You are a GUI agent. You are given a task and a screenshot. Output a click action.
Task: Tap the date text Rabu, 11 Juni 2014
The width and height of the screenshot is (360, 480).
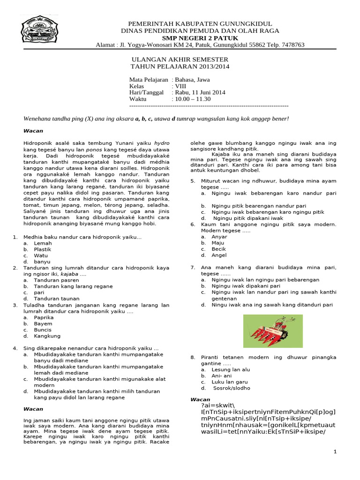[x=200, y=92]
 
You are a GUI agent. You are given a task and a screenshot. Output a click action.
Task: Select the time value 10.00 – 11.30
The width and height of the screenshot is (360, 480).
[x=193, y=99]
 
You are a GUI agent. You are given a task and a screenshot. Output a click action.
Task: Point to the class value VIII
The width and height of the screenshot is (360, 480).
[x=181, y=86]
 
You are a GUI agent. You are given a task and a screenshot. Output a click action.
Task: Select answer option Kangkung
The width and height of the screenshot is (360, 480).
[x=46, y=336]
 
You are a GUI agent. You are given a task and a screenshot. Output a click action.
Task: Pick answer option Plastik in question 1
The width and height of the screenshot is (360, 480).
[x=43, y=249]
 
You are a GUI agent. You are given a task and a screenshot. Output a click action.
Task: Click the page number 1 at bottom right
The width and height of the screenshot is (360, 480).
[x=335, y=451]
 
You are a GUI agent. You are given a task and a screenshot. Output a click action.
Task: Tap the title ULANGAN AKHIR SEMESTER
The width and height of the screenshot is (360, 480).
[x=179, y=60]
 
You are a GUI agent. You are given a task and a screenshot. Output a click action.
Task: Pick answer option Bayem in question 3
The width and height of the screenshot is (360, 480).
[x=43, y=323]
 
